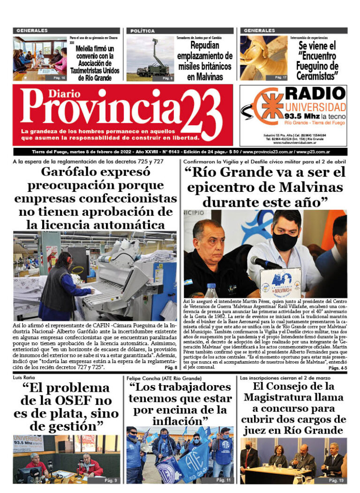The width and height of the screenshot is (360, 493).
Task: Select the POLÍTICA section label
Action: (142, 31)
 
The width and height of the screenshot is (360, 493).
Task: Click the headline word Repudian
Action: (205, 46)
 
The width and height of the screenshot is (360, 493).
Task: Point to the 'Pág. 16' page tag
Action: (59, 77)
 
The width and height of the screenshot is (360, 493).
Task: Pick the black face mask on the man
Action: (285, 241)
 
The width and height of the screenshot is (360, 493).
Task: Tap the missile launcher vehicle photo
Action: (150, 59)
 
